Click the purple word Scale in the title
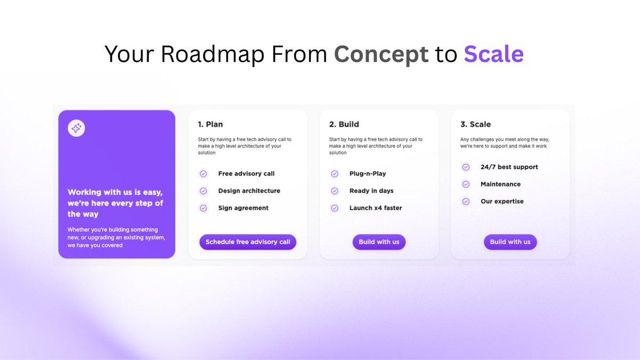coord(493,54)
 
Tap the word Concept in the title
coord(381,54)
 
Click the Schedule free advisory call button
coord(248,242)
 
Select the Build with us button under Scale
coord(510,242)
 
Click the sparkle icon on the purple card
coord(76,128)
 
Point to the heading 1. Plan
coord(210,124)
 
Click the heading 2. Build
coord(344,124)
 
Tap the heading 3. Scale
coord(475,124)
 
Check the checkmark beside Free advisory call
coord(203,174)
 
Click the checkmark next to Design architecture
coord(203,191)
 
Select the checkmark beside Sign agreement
coord(203,208)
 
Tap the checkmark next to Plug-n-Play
coord(334,174)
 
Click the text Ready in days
coord(371,191)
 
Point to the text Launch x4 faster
coord(375,208)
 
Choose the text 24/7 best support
coord(509,167)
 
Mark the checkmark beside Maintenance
coord(466,184)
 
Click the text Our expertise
coord(502,201)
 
